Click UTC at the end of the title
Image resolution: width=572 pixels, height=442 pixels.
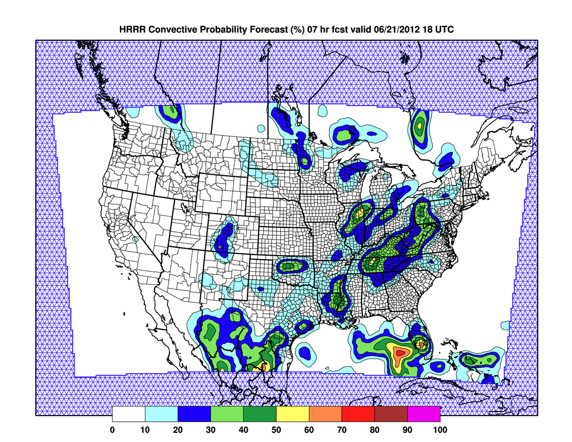(443, 30)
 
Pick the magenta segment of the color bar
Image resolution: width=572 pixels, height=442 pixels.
(424, 414)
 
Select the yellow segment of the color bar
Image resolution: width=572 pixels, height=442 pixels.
(293, 414)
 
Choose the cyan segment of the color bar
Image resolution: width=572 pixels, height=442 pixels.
(162, 414)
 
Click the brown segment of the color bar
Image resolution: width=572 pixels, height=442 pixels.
(391, 414)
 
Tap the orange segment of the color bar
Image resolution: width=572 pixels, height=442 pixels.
(326, 414)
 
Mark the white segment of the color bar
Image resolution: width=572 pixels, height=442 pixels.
(129, 414)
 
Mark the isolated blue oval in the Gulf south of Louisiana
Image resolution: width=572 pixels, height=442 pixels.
(305, 352)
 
